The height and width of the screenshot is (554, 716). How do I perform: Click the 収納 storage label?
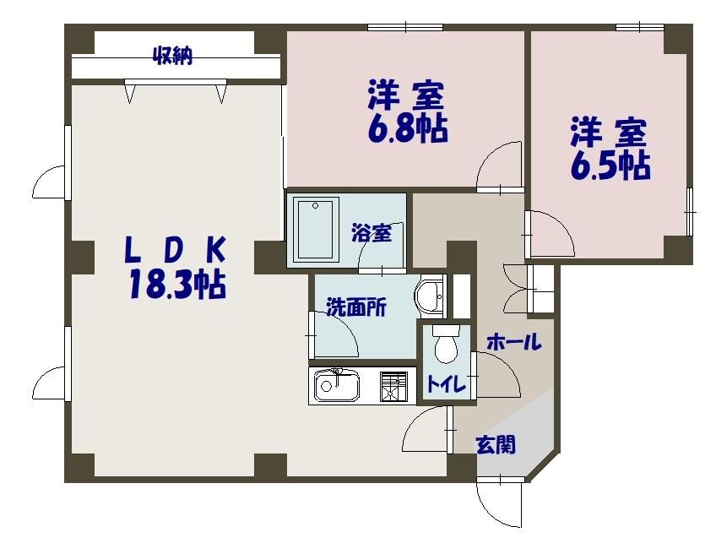pos(173,57)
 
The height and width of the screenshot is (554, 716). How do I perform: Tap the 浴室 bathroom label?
pos(372,234)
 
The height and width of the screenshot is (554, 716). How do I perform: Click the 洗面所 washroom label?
pos(356,308)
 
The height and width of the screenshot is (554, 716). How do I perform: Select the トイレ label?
pos(444,384)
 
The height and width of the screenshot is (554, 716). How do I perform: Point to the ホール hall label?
pos(513,343)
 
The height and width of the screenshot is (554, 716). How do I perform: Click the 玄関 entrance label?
pos(496,444)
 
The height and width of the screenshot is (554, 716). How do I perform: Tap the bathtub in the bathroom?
pos(316,230)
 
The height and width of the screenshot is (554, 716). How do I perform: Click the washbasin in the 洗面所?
pos(430,296)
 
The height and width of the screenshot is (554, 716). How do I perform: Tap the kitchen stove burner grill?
pos(393,386)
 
